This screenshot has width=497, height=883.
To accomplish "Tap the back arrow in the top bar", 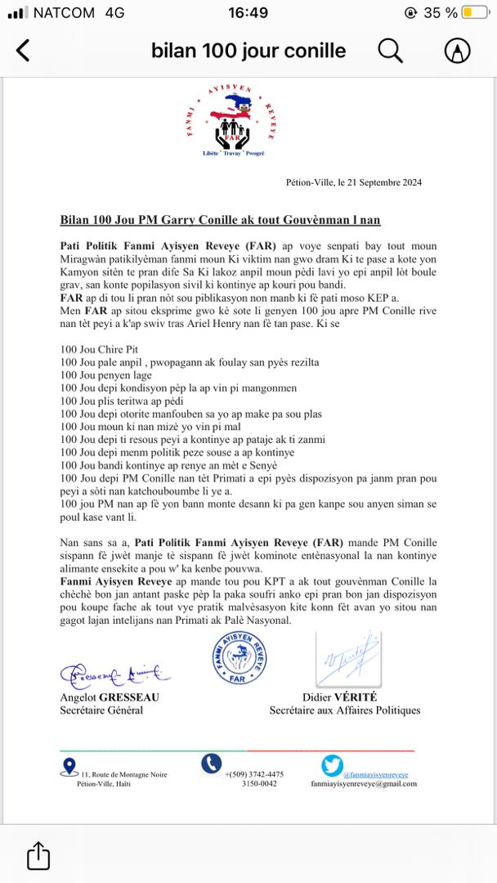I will coord(23,51).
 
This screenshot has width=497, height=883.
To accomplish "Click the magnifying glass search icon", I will coord(391,51).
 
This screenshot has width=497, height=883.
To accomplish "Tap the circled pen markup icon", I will coord(457,51).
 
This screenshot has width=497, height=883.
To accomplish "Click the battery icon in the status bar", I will coord(475,13).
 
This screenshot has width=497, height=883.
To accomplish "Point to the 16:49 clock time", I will coord(248,13).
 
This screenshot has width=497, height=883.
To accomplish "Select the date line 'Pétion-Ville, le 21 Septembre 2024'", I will coord(354,182).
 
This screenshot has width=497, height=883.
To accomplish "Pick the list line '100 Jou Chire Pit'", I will coord(100,349).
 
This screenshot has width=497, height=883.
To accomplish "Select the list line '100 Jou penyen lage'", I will coord(107,374).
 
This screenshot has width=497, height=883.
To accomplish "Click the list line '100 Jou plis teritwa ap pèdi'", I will coord(123,401).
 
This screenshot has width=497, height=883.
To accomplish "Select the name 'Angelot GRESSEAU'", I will coord(109,697).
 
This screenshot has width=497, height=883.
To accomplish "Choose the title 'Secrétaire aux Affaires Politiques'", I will coord(345,710).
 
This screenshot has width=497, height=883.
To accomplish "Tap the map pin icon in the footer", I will coord(69,765).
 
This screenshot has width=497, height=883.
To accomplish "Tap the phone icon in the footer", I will coord(211,763).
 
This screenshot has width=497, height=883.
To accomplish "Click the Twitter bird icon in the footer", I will coord(332,765).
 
